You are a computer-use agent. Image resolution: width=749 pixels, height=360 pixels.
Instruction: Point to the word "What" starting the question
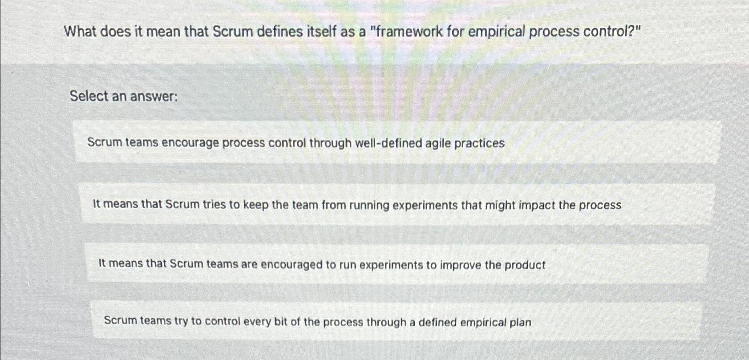point(80,32)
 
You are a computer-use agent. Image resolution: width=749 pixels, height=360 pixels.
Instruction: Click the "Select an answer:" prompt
point(124,96)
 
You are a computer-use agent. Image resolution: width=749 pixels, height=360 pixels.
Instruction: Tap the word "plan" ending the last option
point(520,322)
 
